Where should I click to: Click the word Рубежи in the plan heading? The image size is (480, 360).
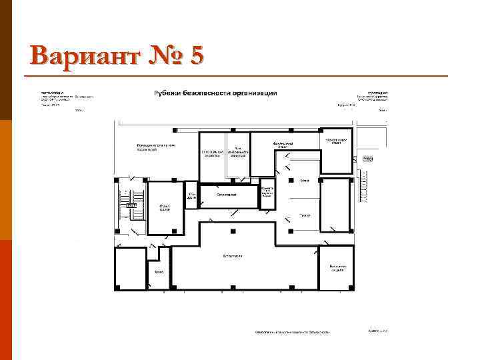coord(171,93)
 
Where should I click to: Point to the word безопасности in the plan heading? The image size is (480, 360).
coord(215,93)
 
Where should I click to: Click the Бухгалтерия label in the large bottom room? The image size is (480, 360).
coord(233,256)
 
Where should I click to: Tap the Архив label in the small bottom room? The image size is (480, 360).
coord(159,272)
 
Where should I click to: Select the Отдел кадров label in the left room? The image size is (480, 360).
coord(164,208)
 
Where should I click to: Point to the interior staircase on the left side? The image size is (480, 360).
coord(126,203)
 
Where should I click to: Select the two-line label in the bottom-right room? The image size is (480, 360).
coord(336,267)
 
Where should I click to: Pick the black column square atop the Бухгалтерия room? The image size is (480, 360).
coord(233,231)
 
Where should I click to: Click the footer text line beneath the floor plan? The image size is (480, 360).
coord(291,331)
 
